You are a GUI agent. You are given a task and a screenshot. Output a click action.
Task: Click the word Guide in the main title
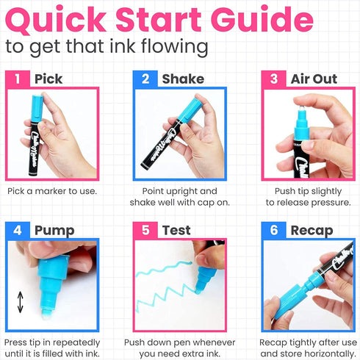(262, 20)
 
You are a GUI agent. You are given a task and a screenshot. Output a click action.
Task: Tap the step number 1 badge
(18, 79)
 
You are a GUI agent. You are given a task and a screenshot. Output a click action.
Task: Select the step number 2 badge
(145, 79)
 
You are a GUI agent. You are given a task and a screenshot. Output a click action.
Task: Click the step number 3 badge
(273, 79)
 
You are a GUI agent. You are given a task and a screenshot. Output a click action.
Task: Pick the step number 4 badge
(18, 230)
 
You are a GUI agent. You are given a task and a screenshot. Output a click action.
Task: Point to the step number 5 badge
(145, 230)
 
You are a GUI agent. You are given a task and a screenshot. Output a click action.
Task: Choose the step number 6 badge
(273, 230)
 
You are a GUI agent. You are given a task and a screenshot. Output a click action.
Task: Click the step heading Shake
(183, 79)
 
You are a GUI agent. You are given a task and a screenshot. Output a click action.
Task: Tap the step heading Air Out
(314, 79)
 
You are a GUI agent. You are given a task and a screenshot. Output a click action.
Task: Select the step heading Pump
(54, 231)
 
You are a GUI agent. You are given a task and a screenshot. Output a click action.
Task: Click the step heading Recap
(312, 231)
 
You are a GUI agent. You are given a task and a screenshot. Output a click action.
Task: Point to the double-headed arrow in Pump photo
(21, 302)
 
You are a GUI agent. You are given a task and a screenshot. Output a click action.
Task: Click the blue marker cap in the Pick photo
(37, 108)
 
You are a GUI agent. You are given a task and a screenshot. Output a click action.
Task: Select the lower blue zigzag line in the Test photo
(166, 298)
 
